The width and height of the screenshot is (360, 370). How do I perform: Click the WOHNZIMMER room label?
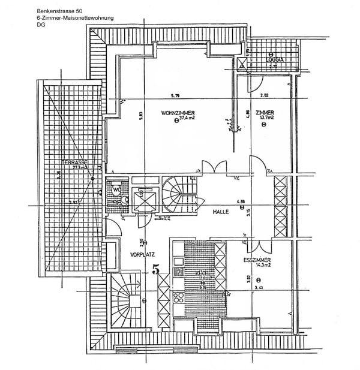click(x=178, y=113)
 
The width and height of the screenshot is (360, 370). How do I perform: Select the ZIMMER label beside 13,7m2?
click(x=265, y=113)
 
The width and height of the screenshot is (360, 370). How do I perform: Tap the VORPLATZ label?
click(x=142, y=254)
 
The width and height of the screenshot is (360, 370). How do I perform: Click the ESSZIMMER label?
click(x=257, y=260)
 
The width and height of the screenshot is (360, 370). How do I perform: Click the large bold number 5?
click(x=156, y=269)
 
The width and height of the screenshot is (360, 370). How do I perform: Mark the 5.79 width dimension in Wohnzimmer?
click(x=175, y=96)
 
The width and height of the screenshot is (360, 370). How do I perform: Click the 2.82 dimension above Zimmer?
click(x=264, y=96)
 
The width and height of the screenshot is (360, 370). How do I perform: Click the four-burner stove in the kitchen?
click(x=179, y=296)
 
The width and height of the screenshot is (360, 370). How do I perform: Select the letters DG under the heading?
click(x=40, y=25)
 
